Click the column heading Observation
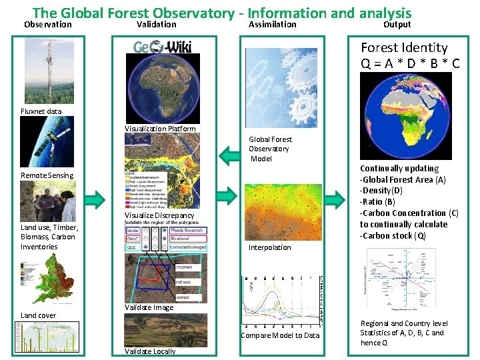point(47,25)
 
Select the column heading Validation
point(156,25)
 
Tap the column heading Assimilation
point(272,25)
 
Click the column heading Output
point(397,25)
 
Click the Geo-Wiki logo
point(163,47)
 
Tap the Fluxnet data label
point(41,111)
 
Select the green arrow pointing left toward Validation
point(229,156)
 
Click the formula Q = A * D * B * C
point(410,63)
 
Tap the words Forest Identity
point(404,48)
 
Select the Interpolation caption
point(270,247)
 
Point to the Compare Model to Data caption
point(280,335)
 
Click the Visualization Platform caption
point(161,129)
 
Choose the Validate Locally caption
point(150,351)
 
